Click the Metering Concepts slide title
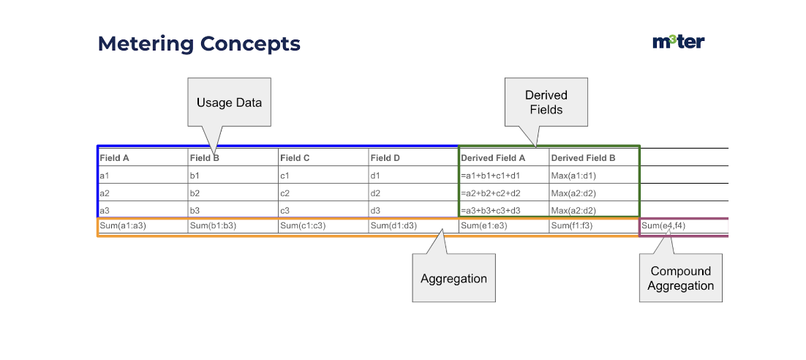199,44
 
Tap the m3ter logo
679,42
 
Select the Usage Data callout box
229,102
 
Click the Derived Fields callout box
546,102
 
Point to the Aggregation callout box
454,278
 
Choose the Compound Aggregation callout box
681,278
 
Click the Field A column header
114,158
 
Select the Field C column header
295,158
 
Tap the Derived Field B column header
583,158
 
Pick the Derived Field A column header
492,158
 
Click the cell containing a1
143,176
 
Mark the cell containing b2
233,193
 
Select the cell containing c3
323,210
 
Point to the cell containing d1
414,176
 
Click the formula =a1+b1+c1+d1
491,176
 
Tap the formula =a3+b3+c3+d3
491,210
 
